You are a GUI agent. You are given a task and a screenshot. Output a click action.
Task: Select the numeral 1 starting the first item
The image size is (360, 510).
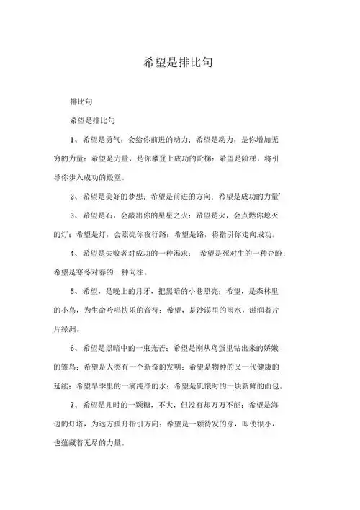coord(72,139)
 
